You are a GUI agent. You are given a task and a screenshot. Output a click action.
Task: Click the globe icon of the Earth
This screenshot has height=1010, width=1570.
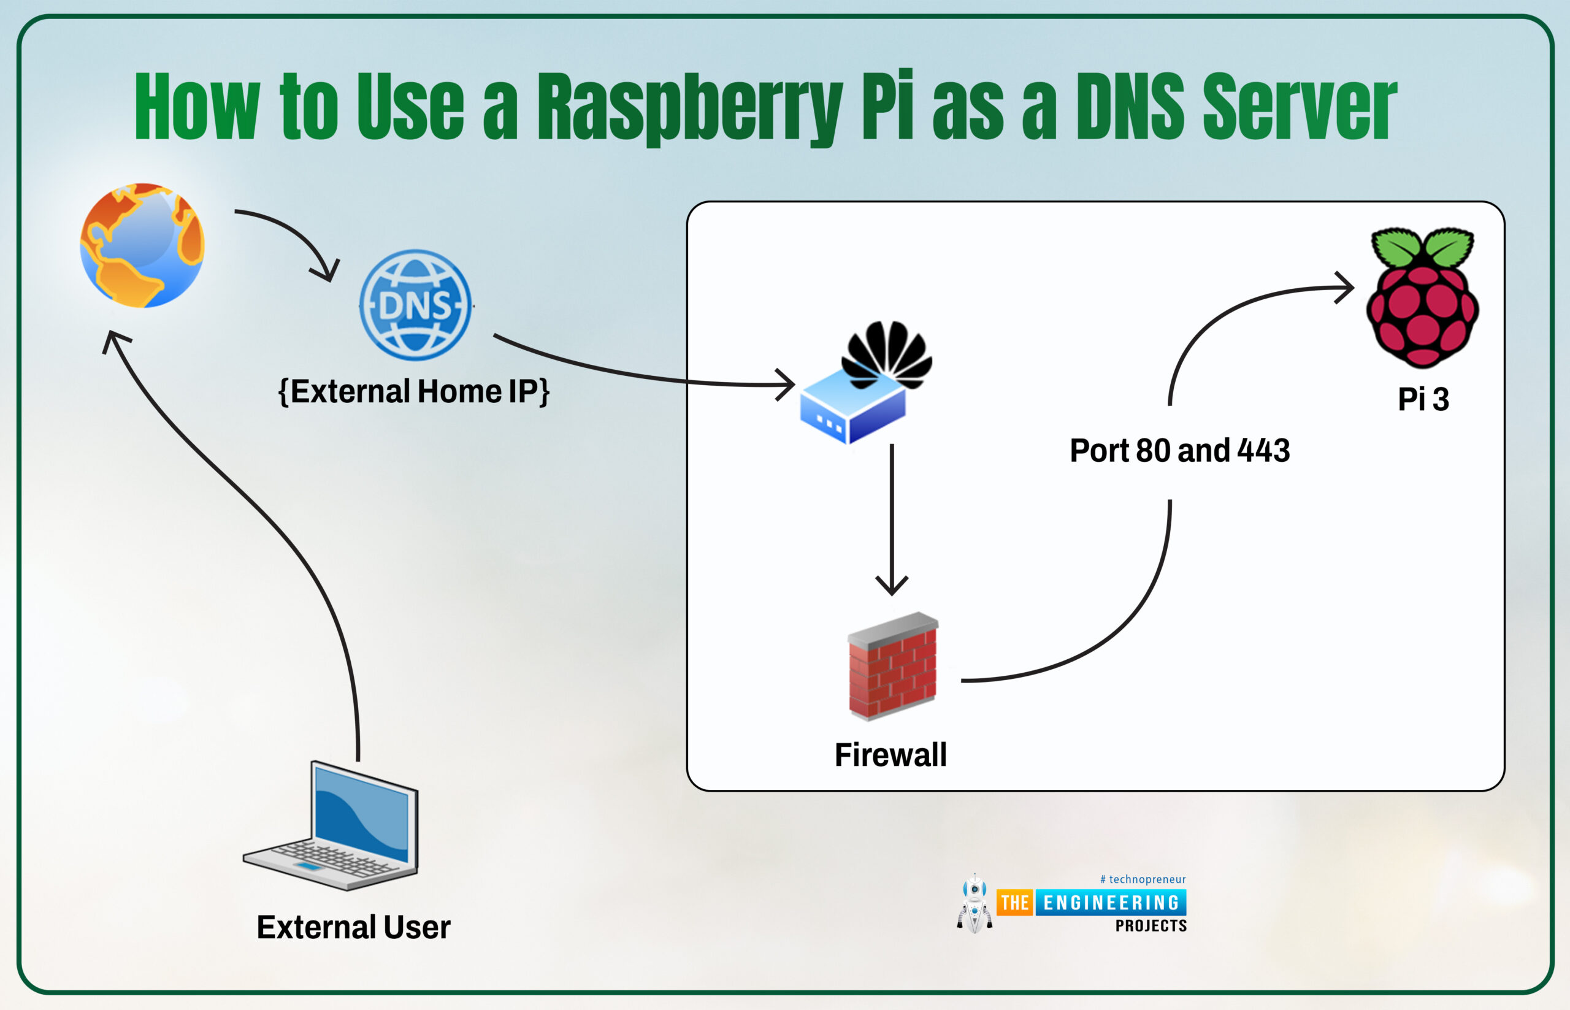point(142,245)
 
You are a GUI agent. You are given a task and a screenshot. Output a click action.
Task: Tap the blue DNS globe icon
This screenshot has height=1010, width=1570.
point(415,305)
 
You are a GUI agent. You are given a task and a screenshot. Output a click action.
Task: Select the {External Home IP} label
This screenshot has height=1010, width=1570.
point(414,391)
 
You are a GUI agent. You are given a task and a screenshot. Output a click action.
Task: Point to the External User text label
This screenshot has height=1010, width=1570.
point(353,927)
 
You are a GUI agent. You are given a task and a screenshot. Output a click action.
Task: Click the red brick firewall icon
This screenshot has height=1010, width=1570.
point(892,667)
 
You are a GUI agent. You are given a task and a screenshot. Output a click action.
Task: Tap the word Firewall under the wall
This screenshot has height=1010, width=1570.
point(890,754)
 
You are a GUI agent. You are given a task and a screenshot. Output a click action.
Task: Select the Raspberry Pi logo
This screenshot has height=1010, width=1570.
point(1422,299)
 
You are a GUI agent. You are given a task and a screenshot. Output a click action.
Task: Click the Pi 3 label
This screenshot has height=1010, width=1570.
point(1422,399)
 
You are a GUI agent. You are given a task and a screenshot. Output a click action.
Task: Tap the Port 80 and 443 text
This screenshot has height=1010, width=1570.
point(1180,451)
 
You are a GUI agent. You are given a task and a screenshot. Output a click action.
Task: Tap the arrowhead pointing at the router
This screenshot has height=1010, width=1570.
point(787,384)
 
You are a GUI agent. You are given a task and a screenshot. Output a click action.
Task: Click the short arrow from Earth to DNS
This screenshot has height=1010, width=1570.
point(295,236)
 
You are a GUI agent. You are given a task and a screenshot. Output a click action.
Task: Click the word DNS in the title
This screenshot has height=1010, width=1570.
point(1129,106)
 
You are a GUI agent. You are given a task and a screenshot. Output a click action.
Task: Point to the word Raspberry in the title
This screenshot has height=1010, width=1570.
point(689,106)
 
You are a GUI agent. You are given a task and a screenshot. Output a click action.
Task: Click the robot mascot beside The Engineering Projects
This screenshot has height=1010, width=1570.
point(975,904)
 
